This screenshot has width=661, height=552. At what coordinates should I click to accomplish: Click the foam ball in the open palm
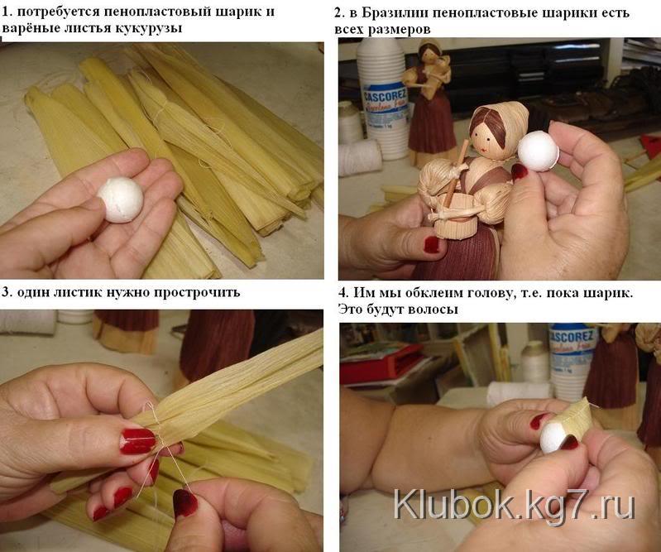pyautogui.click(x=121, y=199)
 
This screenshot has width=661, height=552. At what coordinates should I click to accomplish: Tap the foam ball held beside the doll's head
pyautogui.click(x=538, y=151)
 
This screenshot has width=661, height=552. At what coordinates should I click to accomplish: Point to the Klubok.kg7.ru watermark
pyautogui.click(x=515, y=505)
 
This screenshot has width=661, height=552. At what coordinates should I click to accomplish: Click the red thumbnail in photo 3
pyautogui.click(x=138, y=441)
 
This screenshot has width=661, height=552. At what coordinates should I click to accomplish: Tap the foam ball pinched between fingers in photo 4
pyautogui.click(x=555, y=437)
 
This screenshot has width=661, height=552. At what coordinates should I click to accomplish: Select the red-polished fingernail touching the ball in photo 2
pyautogui.click(x=519, y=172)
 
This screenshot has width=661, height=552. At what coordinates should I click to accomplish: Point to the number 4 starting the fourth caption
pyautogui.click(x=343, y=293)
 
